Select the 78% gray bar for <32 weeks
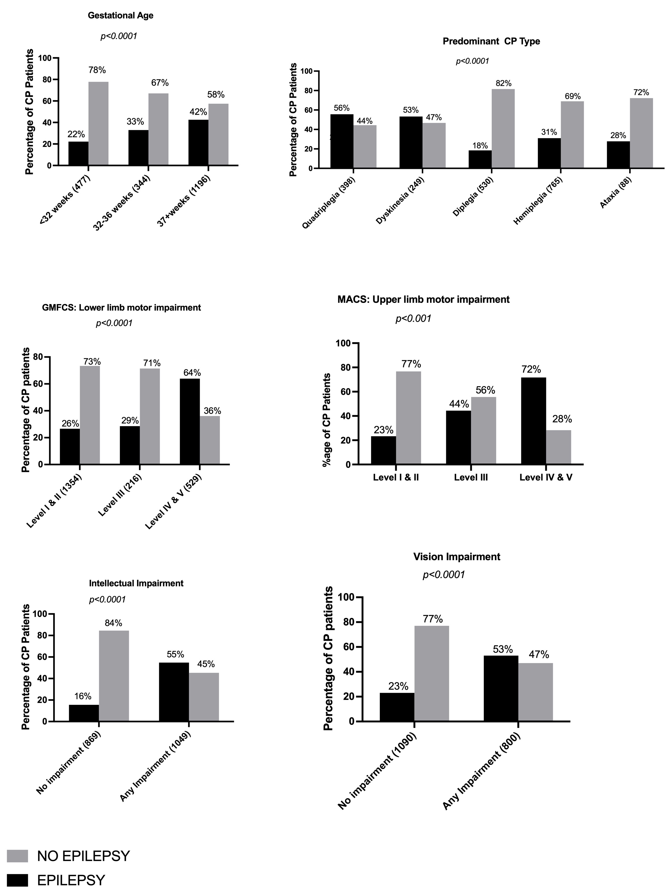98,123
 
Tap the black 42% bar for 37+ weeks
198,142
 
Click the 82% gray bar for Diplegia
503,128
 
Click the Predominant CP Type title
491,41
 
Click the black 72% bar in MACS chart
533,421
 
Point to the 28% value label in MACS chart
562,419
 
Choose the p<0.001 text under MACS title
413,319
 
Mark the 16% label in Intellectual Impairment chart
83,696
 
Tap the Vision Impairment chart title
456,556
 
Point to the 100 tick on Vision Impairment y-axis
344,597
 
